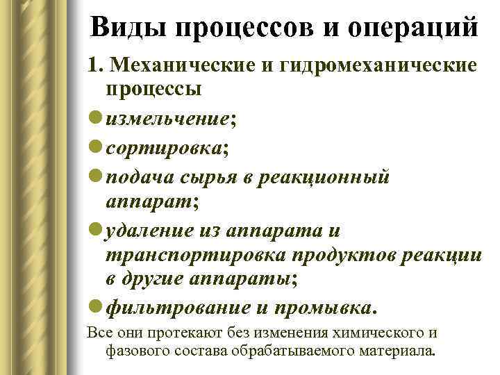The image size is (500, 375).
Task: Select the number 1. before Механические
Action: click(x=96, y=65)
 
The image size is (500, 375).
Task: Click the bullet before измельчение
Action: click(x=94, y=119)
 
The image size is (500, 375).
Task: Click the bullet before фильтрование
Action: click(x=94, y=306)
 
